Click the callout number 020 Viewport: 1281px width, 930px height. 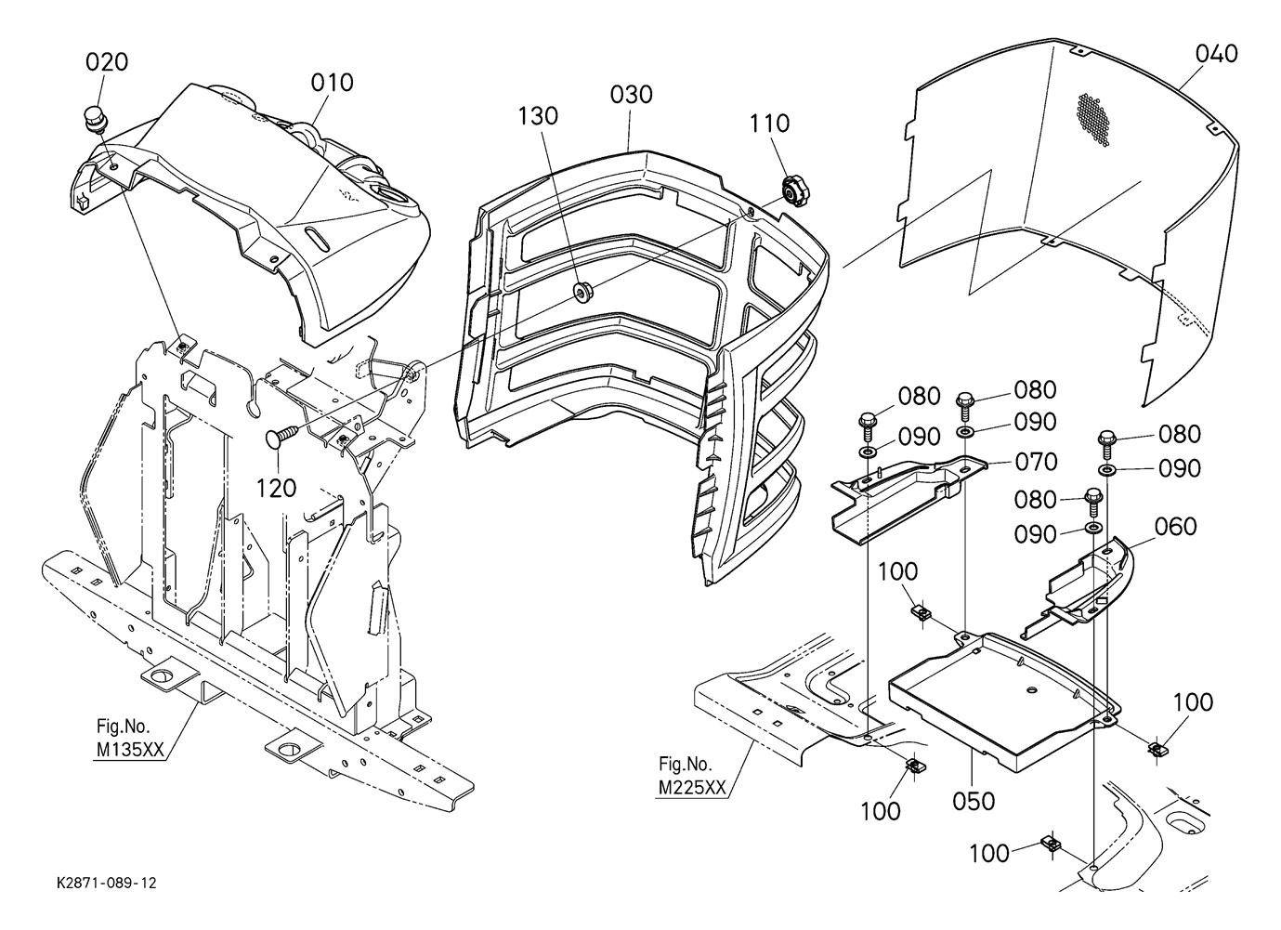107,61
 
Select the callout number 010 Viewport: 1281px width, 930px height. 332,83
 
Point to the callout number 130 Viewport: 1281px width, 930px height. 538,116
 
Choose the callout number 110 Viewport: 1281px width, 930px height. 769,124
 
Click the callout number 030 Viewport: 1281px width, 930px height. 631,95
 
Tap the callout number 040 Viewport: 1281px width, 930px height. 1216,54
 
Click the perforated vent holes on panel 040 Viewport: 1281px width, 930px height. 1092,120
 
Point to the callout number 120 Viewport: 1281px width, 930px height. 276,488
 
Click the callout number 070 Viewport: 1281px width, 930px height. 1037,462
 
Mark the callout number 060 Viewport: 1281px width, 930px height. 1176,526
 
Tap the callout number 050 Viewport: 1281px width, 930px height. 974,801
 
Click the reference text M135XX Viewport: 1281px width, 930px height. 130,750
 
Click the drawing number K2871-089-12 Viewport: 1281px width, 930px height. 107,884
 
